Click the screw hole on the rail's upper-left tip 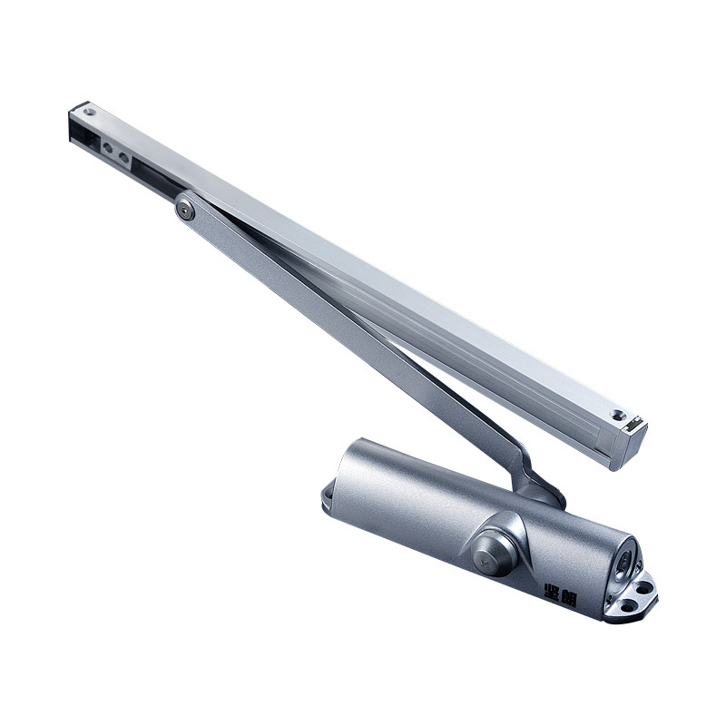89,112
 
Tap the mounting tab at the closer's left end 327,494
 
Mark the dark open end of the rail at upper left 78,131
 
